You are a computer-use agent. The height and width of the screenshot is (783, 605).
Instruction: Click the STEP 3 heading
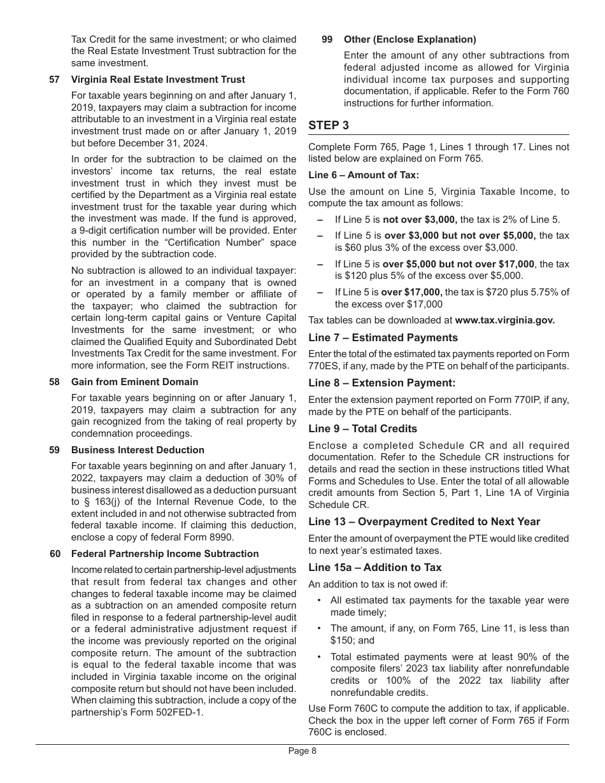coord(329,125)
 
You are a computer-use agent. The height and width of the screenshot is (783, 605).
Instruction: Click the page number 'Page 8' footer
coord(302,751)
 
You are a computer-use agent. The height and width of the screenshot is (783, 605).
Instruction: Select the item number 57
coord(55,80)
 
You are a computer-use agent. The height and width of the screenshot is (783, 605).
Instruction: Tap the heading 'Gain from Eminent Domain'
coord(134,382)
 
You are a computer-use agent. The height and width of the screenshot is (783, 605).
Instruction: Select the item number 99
coord(327,39)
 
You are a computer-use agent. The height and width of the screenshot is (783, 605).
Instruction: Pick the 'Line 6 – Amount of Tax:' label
coord(364,175)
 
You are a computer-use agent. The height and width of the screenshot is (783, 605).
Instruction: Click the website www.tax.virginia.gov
coord(505,320)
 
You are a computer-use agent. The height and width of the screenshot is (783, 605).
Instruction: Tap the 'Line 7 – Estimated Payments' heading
coord(383,337)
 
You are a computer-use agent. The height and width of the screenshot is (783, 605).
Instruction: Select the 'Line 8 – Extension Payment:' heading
coord(381,383)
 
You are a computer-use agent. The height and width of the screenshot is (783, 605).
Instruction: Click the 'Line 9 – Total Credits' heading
coord(362,428)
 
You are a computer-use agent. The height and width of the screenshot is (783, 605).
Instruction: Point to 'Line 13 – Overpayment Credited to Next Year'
coord(424,521)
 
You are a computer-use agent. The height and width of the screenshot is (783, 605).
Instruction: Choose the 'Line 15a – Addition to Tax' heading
coord(374,567)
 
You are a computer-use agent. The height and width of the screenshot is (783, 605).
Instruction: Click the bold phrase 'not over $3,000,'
coord(420,220)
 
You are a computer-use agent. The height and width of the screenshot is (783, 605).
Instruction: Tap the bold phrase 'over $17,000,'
coord(411,292)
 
